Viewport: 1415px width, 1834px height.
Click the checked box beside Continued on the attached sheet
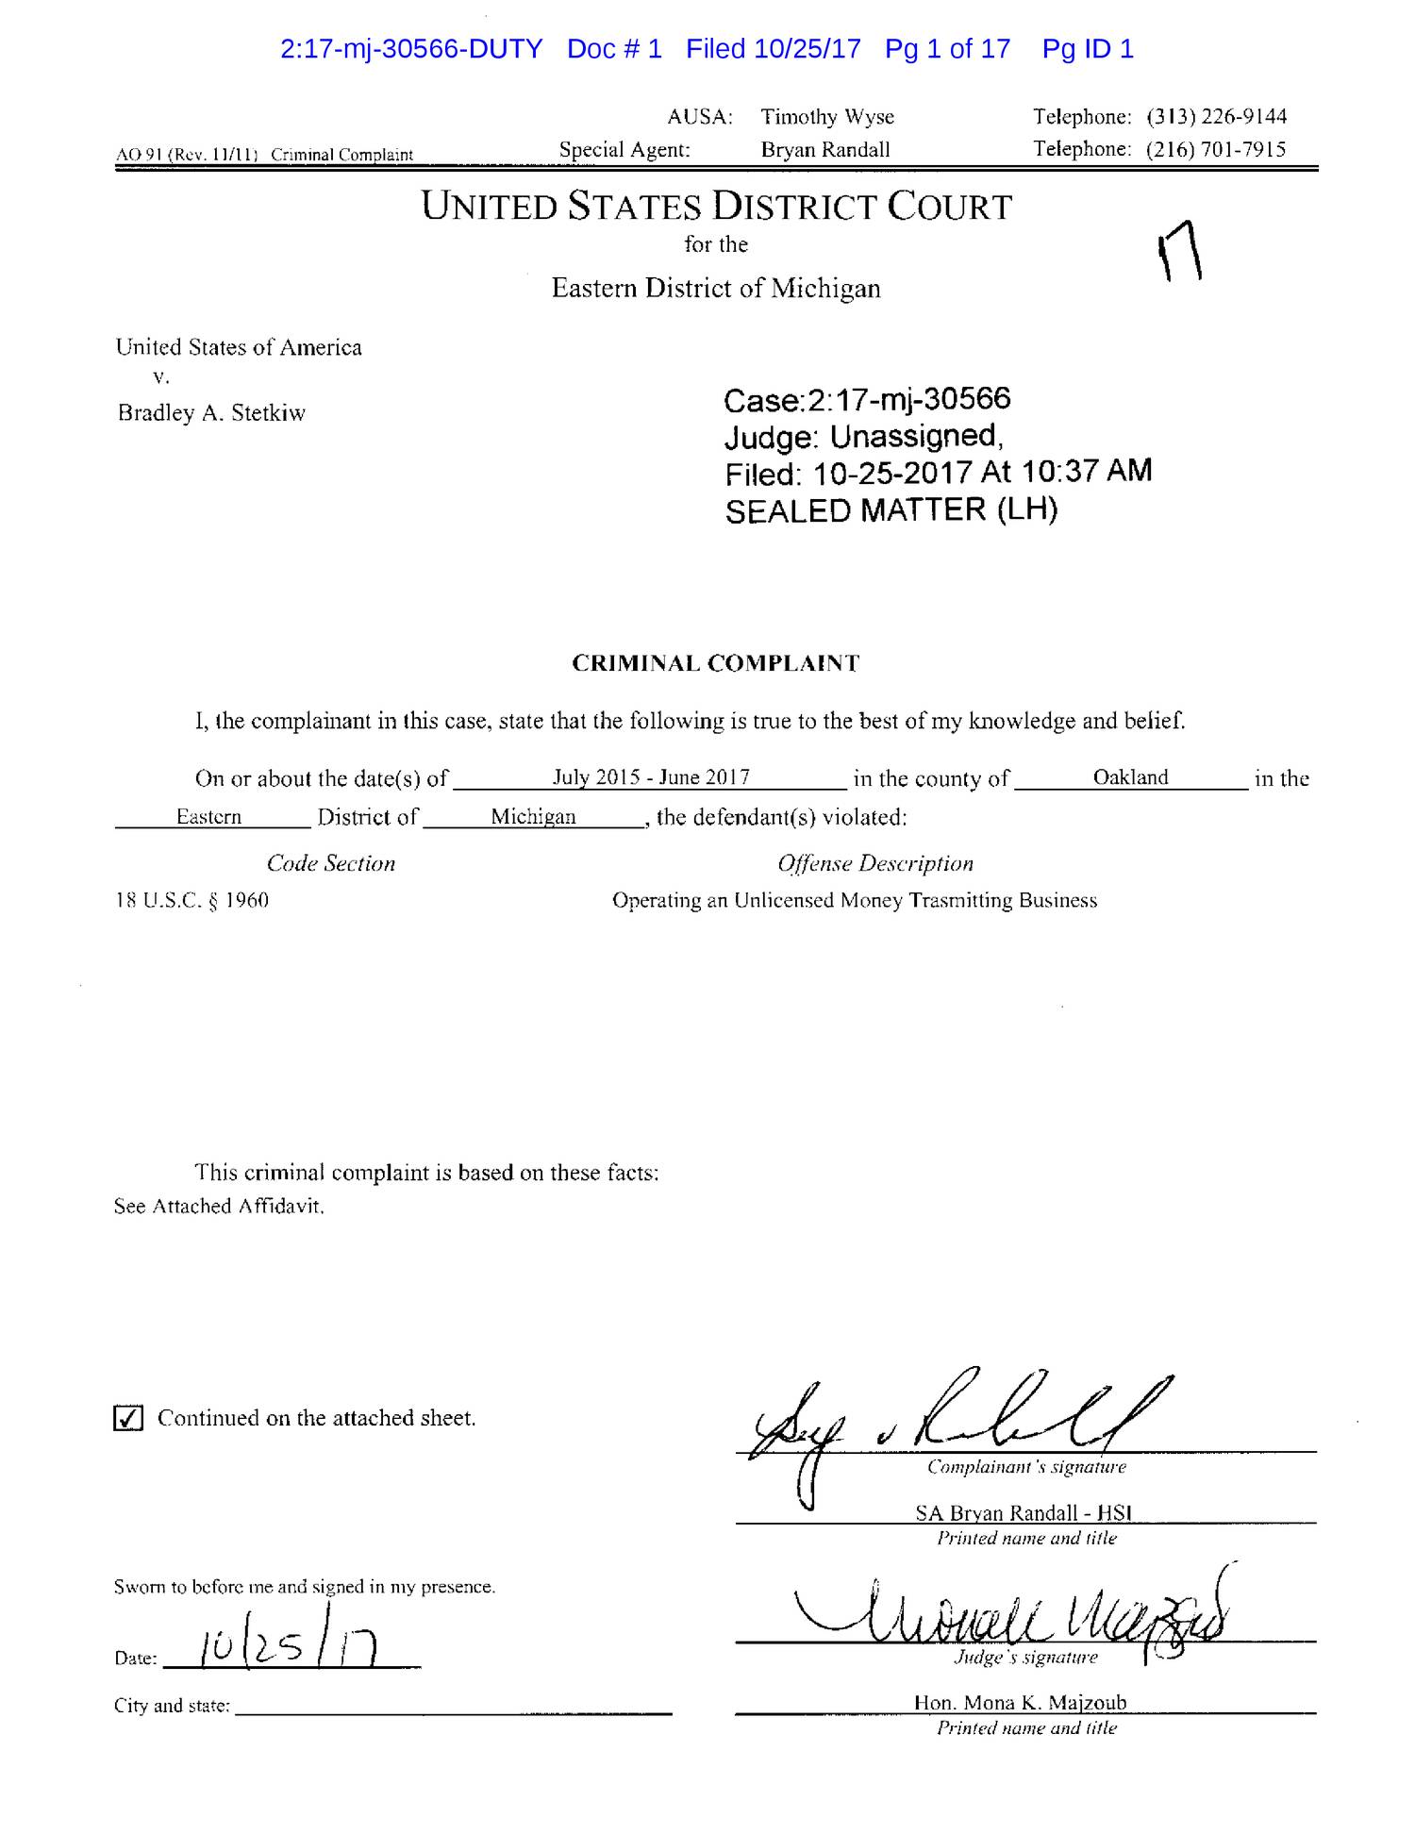(x=127, y=1418)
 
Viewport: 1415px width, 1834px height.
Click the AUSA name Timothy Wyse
(x=827, y=117)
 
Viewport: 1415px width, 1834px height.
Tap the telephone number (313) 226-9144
(x=1216, y=117)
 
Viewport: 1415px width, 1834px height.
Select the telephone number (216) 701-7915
(x=1216, y=149)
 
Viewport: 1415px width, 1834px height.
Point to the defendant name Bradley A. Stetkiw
(x=211, y=413)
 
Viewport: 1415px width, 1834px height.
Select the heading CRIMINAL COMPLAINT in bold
(x=716, y=663)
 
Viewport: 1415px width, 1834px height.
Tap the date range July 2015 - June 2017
(x=651, y=777)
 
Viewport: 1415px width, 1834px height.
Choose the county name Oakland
(x=1130, y=777)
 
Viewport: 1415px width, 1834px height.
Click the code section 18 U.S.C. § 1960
(x=192, y=900)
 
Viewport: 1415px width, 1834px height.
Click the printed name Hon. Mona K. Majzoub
(x=1020, y=1703)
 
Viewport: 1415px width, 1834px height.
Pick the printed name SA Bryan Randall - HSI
(x=1023, y=1513)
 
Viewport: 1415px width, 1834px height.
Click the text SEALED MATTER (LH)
(x=891, y=510)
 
